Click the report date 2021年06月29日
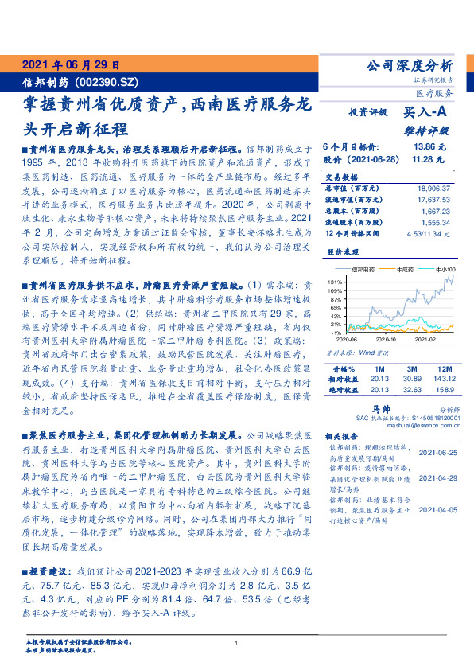click(70, 64)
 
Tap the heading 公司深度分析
click(408, 66)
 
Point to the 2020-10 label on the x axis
click(386, 338)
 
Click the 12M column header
click(442, 369)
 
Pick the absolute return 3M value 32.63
click(413, 390)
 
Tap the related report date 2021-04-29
click(437, 478)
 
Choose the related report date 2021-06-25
click(437, 451)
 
